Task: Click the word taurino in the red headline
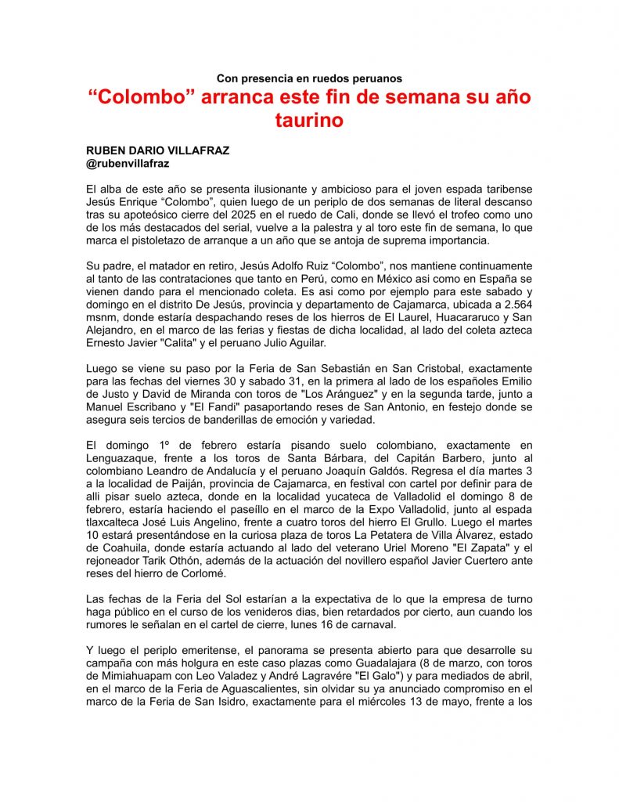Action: tap(309, 121)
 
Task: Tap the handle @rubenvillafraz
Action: tap(128, 164)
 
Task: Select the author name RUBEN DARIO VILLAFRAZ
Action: tap(157, 150)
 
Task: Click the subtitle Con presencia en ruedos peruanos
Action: tap(309, 78)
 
